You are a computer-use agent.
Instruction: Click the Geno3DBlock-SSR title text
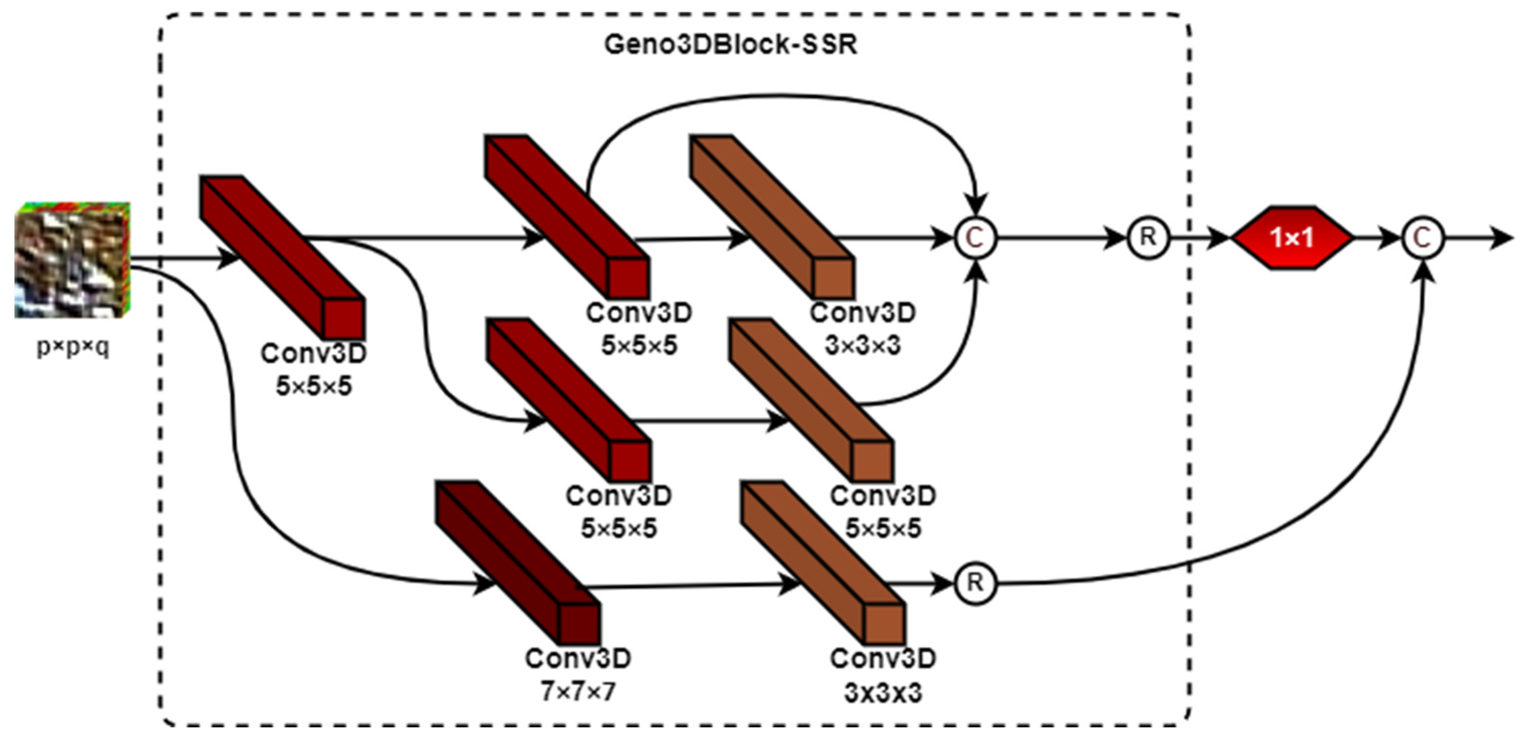pos(730,44)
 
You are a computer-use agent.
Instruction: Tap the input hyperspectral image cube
pos(72,260)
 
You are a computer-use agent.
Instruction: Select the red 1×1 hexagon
pos(1292,238)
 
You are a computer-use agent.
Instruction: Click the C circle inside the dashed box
pos(976,238)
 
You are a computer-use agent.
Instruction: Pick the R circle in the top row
pos(1148,238)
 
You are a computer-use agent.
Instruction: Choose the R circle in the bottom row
pos(976,583)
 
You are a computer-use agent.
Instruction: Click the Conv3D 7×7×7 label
pos(578,675)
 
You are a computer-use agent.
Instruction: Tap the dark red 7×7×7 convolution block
pos(518,562)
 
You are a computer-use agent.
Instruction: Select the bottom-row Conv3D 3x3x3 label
pos(883,675)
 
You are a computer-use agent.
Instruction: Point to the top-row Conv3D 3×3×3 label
pos(863,329)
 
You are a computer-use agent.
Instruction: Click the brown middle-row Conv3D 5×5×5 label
pos(883,512)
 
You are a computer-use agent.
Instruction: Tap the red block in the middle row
pos(568,400)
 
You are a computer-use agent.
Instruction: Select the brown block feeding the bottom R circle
pos(822,562)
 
